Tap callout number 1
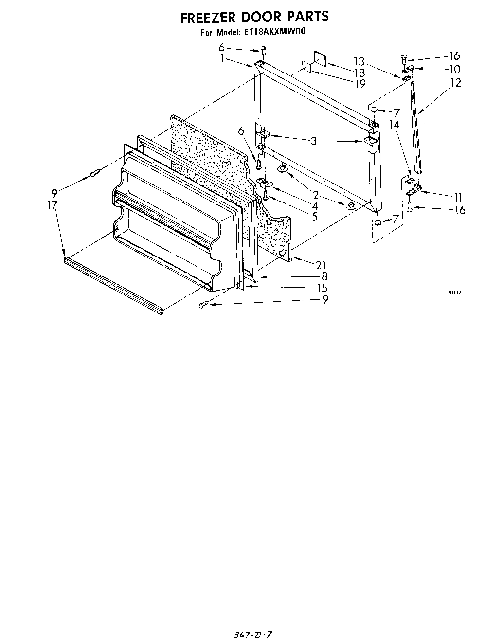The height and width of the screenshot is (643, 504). tap(222, 58)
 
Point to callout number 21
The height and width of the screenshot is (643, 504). tap(320, 265)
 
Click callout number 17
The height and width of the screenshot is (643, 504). tap(53, 205)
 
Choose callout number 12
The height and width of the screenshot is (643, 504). tap(456, 83)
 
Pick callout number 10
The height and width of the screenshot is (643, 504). tap(455, 69)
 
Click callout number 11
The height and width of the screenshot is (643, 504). tap(458, 197)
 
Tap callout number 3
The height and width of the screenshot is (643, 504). tap(314, 141)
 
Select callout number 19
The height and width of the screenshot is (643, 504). tap(360, 84)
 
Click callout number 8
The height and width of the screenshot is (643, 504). tap(324, 277)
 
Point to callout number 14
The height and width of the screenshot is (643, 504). tap(394, 125)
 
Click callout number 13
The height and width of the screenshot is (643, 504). tap(359, 62)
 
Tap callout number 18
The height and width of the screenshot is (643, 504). tap(360, 73)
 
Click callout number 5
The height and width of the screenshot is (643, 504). tap(315, 217)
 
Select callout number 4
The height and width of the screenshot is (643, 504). tap(315, 206)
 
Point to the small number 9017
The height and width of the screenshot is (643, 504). tap(454, 293)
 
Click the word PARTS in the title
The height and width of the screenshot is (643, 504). tap(307, 17)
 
